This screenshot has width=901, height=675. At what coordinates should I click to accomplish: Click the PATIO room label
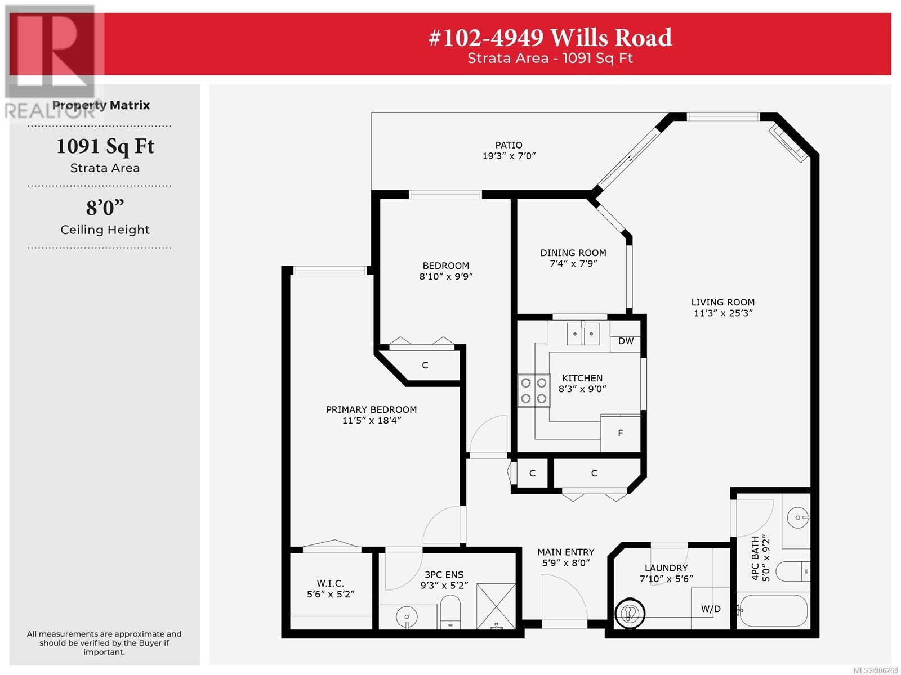click(509, 145)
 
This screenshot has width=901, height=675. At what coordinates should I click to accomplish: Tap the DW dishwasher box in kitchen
click(625, 336)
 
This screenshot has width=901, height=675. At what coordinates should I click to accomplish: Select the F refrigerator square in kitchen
click(620, 434)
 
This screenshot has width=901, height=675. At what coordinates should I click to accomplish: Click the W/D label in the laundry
click(711, 609)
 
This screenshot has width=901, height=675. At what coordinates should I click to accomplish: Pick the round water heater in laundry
click(630, 614)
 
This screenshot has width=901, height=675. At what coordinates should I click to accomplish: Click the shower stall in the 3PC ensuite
click(496, 606)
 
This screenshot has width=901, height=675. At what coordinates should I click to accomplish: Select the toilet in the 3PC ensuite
click(450, 612)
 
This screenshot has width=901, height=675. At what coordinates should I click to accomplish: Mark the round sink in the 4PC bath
click(797, 517)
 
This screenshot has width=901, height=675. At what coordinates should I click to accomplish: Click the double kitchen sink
click(583, 334)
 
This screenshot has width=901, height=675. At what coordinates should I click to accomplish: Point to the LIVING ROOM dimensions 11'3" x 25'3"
click(723, 313)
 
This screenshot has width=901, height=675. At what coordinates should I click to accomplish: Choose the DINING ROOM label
click(573, 253)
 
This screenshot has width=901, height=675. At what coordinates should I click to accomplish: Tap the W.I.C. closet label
click(330, 583)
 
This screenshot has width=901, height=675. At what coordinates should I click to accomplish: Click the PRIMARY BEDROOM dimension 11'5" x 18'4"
click(372, 421)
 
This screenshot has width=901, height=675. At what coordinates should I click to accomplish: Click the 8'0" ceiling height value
click(105, 208)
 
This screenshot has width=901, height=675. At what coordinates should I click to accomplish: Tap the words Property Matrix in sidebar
click(101, 105)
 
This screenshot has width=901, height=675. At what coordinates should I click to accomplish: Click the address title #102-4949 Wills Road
click(550, 38)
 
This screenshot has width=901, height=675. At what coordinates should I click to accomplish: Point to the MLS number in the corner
click(876, 670)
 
